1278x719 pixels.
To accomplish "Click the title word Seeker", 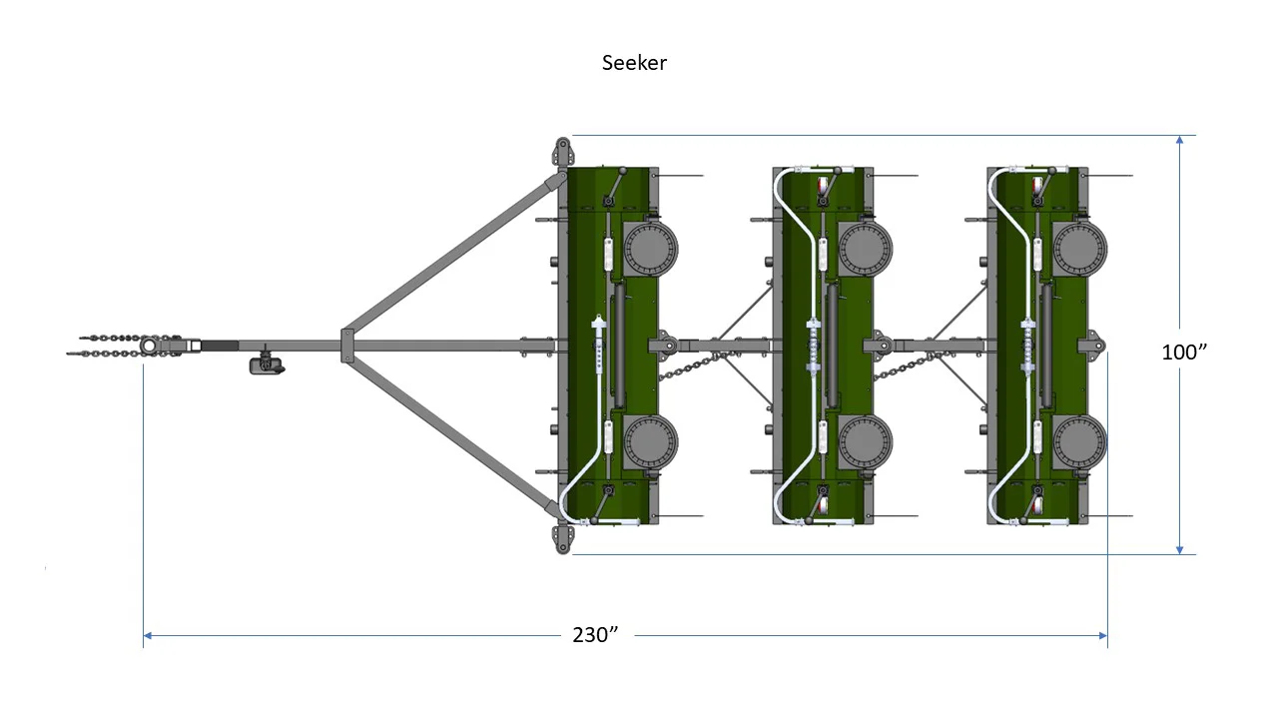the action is pos(634,63).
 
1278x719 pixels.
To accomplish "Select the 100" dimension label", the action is pos(1184,353).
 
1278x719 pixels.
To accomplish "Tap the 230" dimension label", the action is pos(595,634).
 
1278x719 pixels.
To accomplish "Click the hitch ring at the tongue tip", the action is pos(148,346).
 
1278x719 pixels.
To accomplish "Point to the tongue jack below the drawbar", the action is pos(267,364).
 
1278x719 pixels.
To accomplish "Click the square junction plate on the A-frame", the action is pos(346,346).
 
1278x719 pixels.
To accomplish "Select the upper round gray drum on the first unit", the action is pos(651,250).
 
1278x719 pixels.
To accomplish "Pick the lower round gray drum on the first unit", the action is pos(651,442).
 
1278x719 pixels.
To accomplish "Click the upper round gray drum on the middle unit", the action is pos(866,250).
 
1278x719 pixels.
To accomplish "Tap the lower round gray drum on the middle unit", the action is pos(866,442).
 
